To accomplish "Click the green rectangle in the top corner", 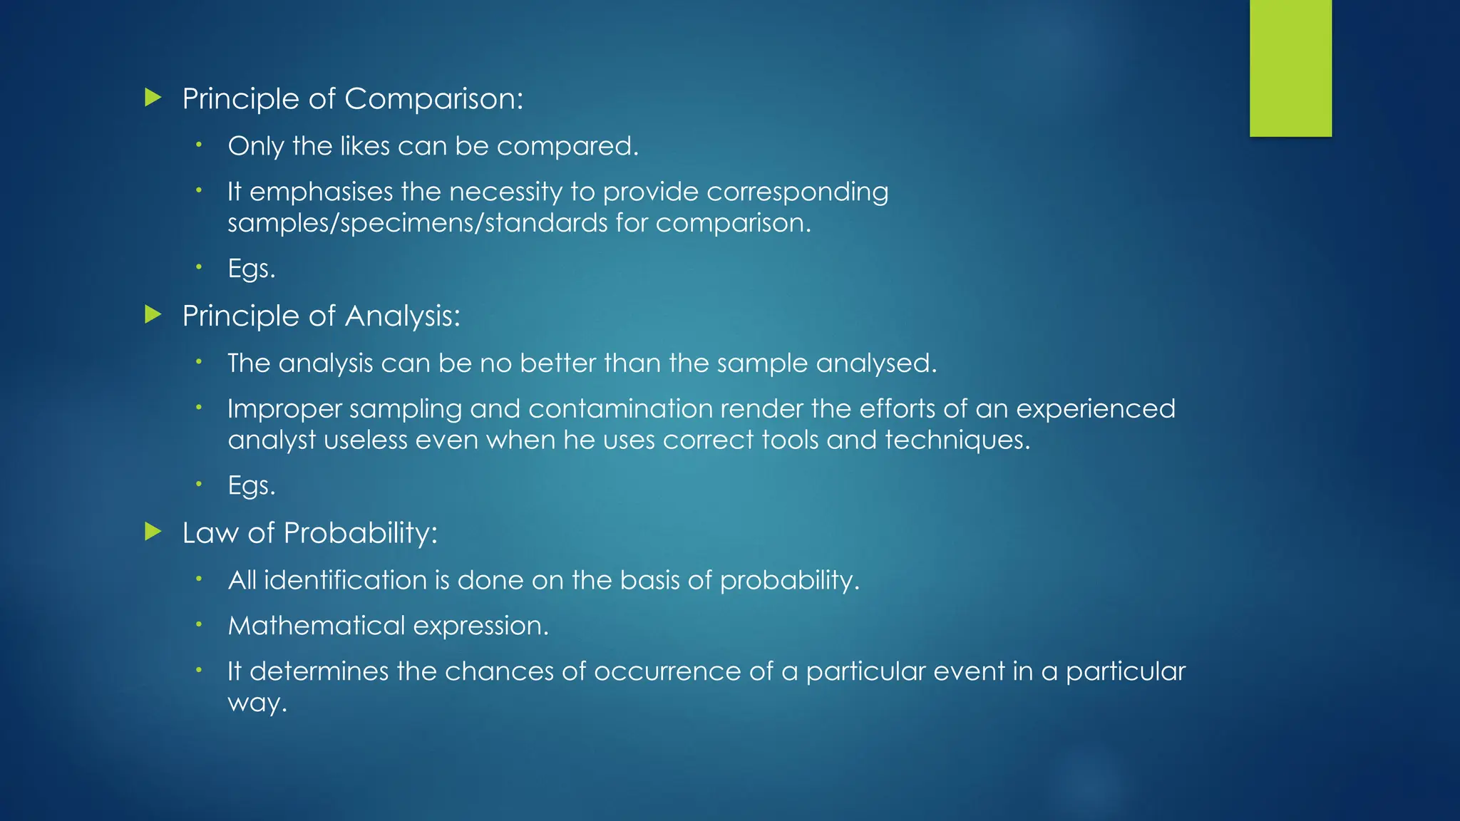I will point(1290,68).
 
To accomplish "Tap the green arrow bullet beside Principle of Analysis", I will point(153,314).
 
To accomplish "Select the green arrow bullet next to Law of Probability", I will point(153,531).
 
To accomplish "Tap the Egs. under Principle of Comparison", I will point(251,269).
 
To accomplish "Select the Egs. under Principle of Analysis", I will point(251,485).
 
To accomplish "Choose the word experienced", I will point(1095,409).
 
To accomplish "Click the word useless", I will point(366,440).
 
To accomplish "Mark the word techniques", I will point(957,440).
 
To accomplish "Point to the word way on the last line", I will point(256,704).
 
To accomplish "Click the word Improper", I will point(284,410).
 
